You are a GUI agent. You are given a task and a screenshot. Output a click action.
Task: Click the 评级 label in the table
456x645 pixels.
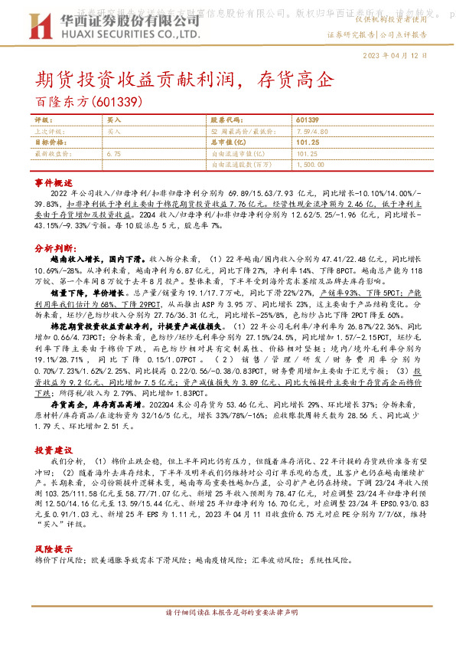44,121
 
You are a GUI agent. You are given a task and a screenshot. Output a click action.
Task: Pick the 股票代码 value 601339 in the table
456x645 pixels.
307,121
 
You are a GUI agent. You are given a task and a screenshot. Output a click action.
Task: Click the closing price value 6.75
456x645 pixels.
114,153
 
